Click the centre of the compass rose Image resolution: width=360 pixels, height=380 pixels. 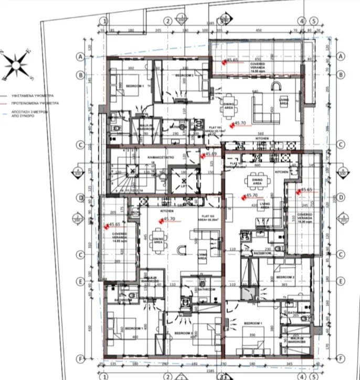pos(16,65)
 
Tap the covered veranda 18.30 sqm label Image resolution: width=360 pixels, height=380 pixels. pos(305,219)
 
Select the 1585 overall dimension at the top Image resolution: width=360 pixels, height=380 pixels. pos(209,24)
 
